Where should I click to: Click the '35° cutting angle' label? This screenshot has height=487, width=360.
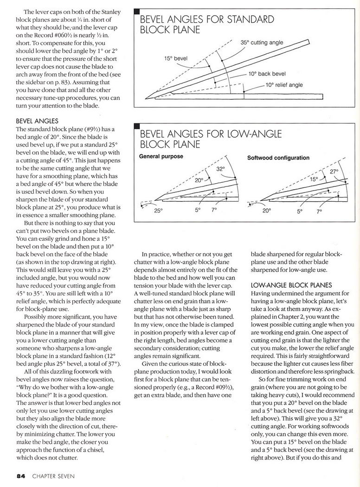(262, 42)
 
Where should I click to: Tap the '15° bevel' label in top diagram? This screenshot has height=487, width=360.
(176, 58)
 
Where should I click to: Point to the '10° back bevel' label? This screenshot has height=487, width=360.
(267, 74)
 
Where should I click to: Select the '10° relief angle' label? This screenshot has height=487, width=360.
(284, 85)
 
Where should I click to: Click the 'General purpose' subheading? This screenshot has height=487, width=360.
(161, 156)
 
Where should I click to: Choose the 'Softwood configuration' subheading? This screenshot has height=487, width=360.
(278, 158)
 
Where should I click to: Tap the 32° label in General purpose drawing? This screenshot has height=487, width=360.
(220, 169)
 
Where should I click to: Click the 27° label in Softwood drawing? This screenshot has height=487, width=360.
(334, 172)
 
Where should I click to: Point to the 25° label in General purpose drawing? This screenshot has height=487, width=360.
(158, 210)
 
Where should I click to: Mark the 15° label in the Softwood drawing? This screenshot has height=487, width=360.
(314, 179)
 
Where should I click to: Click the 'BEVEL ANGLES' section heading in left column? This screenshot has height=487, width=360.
(37, 121)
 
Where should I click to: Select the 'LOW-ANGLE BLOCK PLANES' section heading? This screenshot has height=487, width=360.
(291, 285)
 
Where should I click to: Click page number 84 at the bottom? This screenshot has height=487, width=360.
(21, 476)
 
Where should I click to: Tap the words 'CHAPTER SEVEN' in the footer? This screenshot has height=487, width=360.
(53, 476)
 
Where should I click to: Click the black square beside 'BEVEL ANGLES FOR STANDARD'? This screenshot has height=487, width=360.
(137, 11)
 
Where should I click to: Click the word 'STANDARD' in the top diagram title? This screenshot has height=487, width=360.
(251, 19)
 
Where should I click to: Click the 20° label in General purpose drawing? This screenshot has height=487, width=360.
(199, 180)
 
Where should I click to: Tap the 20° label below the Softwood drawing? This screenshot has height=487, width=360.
(266, 210)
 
